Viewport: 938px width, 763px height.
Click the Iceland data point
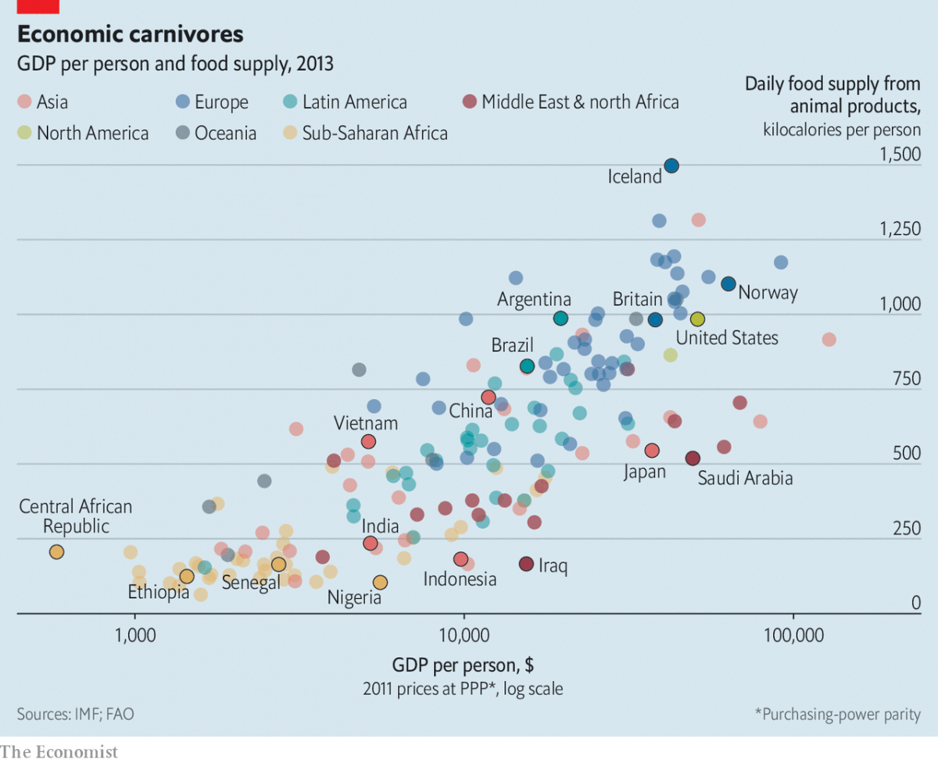[671, 166]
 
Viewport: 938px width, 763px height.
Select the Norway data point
[728, 283]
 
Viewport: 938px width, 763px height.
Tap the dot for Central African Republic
[56, 552]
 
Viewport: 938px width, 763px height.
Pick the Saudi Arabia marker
[692, 458]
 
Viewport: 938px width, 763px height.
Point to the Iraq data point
[526, 564]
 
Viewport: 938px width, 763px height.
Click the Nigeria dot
[380, 582]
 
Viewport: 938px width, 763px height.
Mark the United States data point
[698, 319]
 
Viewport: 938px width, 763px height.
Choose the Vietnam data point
[368, 442]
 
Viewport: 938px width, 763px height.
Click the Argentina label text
[534, 299]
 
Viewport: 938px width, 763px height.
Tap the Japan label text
[644, 472]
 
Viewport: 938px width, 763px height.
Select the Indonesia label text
[460, 579]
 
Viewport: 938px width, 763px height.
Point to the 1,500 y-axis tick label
[900, 154]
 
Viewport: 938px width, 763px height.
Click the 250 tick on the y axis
[907, 528]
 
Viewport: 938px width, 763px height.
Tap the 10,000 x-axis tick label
[464, 635]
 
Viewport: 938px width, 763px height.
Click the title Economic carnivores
[131, 34]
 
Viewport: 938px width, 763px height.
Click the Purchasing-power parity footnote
[837, 714]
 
